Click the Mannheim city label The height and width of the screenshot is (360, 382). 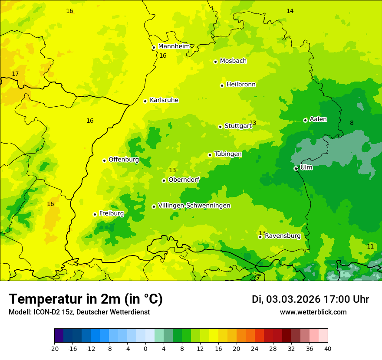pos(174,46)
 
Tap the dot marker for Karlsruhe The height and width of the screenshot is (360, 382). pos(145,101)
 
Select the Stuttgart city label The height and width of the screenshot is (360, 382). pos(238,126)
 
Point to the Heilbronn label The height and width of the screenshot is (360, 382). pos(241,85)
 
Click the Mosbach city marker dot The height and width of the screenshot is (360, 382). pos(215,62)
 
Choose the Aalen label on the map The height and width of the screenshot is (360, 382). pos(318,119)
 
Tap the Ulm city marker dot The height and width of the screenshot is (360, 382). pos(296,168)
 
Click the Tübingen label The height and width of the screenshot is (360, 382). pos(228,154)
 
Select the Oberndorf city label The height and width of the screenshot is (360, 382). pos(184,180)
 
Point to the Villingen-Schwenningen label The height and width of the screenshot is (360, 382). pos(194,206)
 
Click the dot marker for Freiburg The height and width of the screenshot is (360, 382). pos(95,214)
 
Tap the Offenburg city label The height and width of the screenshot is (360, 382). pos(124,160)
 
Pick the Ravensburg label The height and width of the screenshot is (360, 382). pos(283,236)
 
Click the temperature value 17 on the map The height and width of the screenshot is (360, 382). pos(15,74)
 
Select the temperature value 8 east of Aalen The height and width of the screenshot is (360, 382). pos(352,123)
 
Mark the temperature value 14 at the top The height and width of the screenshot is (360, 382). pos(290,11)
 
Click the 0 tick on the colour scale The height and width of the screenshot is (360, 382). pos(145,348)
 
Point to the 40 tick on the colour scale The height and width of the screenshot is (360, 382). pos(327,348)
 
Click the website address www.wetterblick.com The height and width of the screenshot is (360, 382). pos(313,312)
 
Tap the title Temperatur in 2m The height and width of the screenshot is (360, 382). pos(86,299)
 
